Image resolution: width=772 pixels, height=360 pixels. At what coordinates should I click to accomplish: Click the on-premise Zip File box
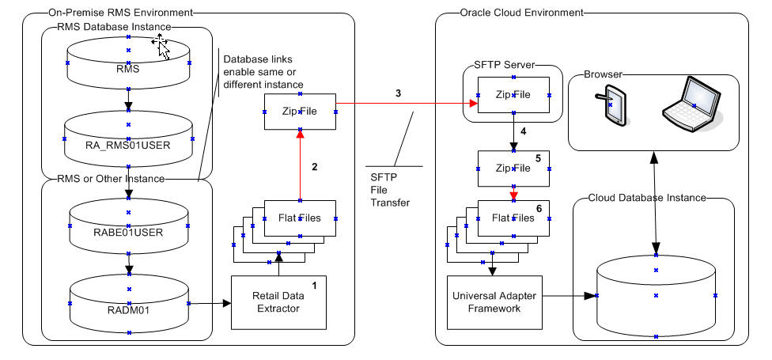300,112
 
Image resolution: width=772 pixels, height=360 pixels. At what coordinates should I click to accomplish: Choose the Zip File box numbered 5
513,168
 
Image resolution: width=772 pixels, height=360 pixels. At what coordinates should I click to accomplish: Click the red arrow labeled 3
403,103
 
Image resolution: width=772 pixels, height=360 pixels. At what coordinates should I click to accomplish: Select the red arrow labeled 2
300,166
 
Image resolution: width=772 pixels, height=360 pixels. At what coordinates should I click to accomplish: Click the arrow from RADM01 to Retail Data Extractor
210,303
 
